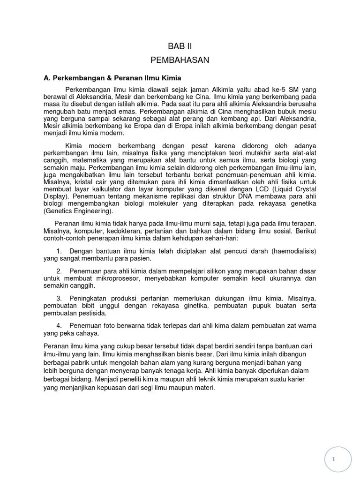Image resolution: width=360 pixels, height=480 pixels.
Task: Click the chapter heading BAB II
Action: (180, 46)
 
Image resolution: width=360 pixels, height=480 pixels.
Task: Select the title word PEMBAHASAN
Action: (180, 60)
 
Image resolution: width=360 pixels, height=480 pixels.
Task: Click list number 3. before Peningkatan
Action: (59, 299)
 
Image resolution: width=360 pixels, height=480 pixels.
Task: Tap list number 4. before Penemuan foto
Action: (59, 326)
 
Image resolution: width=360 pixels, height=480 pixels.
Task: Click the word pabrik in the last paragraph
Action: (83, 363)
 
